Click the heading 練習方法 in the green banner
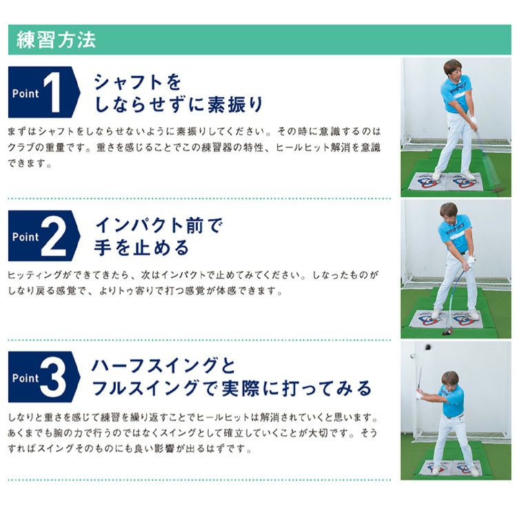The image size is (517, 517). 56,40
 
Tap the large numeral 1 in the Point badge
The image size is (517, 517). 52,92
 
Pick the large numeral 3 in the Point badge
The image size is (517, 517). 53,377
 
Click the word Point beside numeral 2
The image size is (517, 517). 26,236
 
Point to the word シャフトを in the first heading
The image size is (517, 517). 138,82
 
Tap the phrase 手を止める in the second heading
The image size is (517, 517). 142,248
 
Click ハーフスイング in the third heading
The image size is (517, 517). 154,365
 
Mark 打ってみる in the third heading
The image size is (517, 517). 327,388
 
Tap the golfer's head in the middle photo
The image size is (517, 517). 449,213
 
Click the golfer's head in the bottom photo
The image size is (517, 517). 449,380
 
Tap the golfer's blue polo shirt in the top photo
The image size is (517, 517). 456,94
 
